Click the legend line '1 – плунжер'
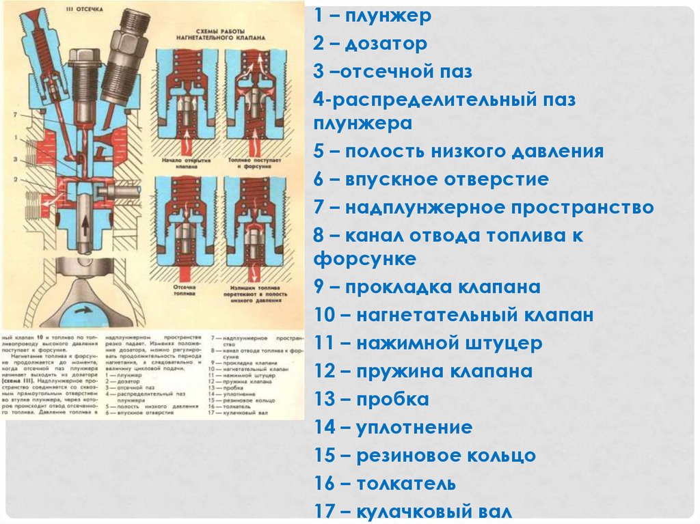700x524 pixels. point(373,16)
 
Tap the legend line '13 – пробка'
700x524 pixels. point(372,400)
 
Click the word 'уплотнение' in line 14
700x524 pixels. point(414,428)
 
